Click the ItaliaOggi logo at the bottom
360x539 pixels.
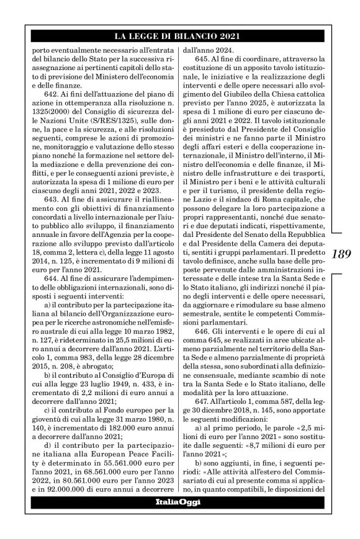178,501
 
